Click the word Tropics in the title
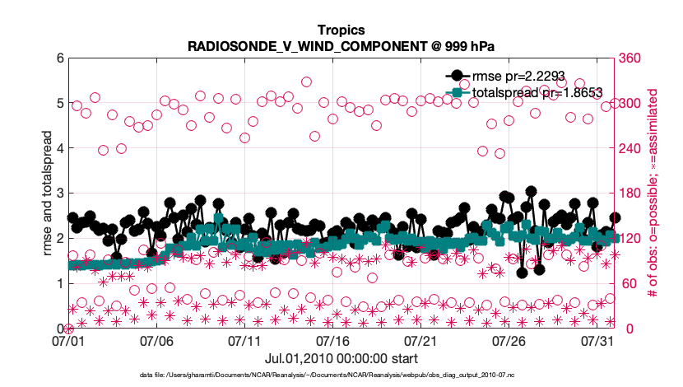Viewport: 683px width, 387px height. pos(341,30)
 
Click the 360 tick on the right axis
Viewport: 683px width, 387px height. pos(632,58)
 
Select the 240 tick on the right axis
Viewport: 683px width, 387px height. pos(632,148)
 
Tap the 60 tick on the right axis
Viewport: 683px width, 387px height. pos(629,284)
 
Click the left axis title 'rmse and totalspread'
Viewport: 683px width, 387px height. pos(47,193)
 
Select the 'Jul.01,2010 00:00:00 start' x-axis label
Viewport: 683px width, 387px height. pos(341,358)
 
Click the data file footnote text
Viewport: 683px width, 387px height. pos(341,375)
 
